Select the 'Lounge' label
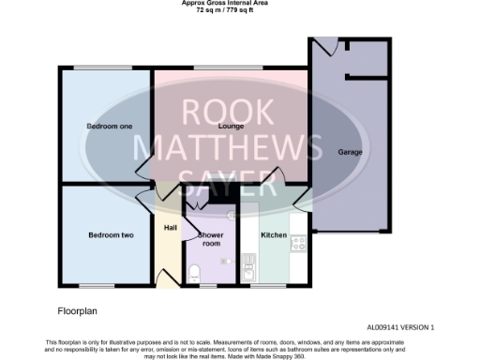231,126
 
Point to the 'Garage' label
350,152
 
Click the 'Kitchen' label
273,235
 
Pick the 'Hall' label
170,228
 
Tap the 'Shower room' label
208,238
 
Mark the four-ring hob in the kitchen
299,242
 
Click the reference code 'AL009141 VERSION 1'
400,327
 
